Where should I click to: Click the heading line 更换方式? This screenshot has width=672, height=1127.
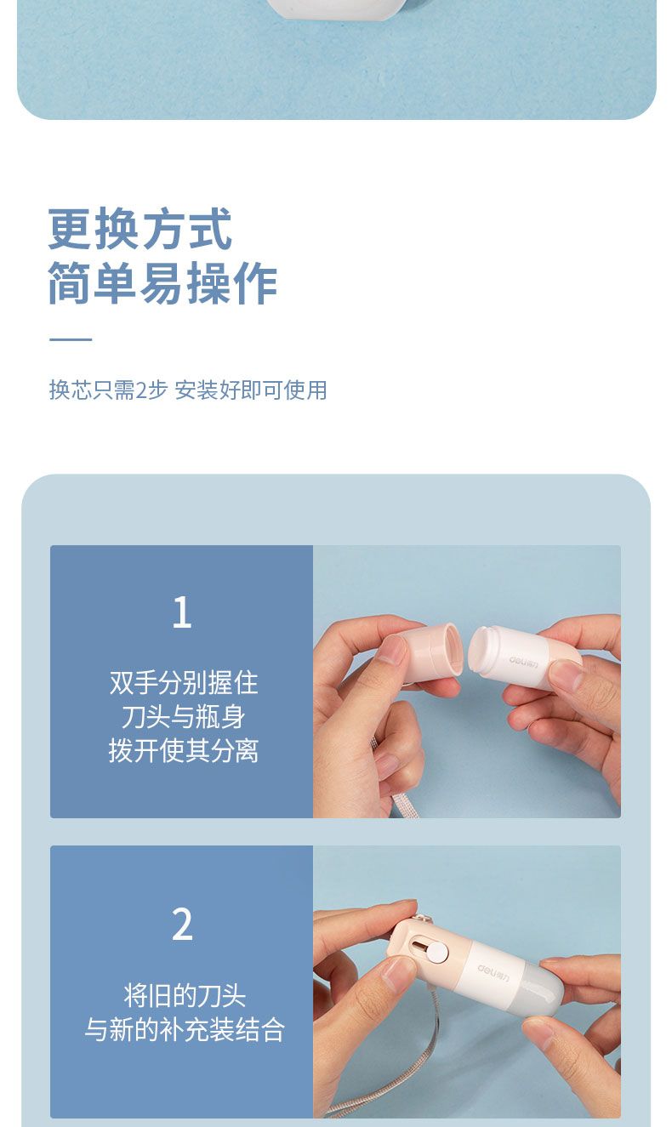pyautogui.click(x=140, y=229)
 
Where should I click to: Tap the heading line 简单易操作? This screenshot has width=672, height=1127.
pyautogui.click(x=162, y=282)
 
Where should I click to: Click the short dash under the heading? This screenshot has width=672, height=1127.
pyautogui.click(x=71, y=339)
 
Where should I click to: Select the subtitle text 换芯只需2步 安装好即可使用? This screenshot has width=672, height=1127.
pyautogui.click(x=188, y=390)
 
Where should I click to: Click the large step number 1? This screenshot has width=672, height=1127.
pyautogui.click(x=182, y=612)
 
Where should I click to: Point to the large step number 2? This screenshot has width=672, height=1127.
pyautogui.click(x=182, y=924)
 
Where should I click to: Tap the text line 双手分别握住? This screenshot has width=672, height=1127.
pyautogui.click(x=184, y=683)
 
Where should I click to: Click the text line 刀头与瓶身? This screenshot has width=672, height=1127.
pyautogui.click(x=184, y=716)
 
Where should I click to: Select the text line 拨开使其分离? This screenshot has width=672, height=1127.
pyautogui.click(x=184, y=751)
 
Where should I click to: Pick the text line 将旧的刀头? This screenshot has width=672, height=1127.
pyautogui.click(x=185, y=996)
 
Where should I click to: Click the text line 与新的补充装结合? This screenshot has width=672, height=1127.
pyautogui.click(x=185, y=1029)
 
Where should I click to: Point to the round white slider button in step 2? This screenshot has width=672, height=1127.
pyautogui.click(x=436, y=953)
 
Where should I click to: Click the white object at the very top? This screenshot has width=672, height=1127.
pyautogui.click(x=337, y=9)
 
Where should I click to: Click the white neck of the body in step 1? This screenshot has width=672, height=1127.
pyautogui.click(x=483, y=650)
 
